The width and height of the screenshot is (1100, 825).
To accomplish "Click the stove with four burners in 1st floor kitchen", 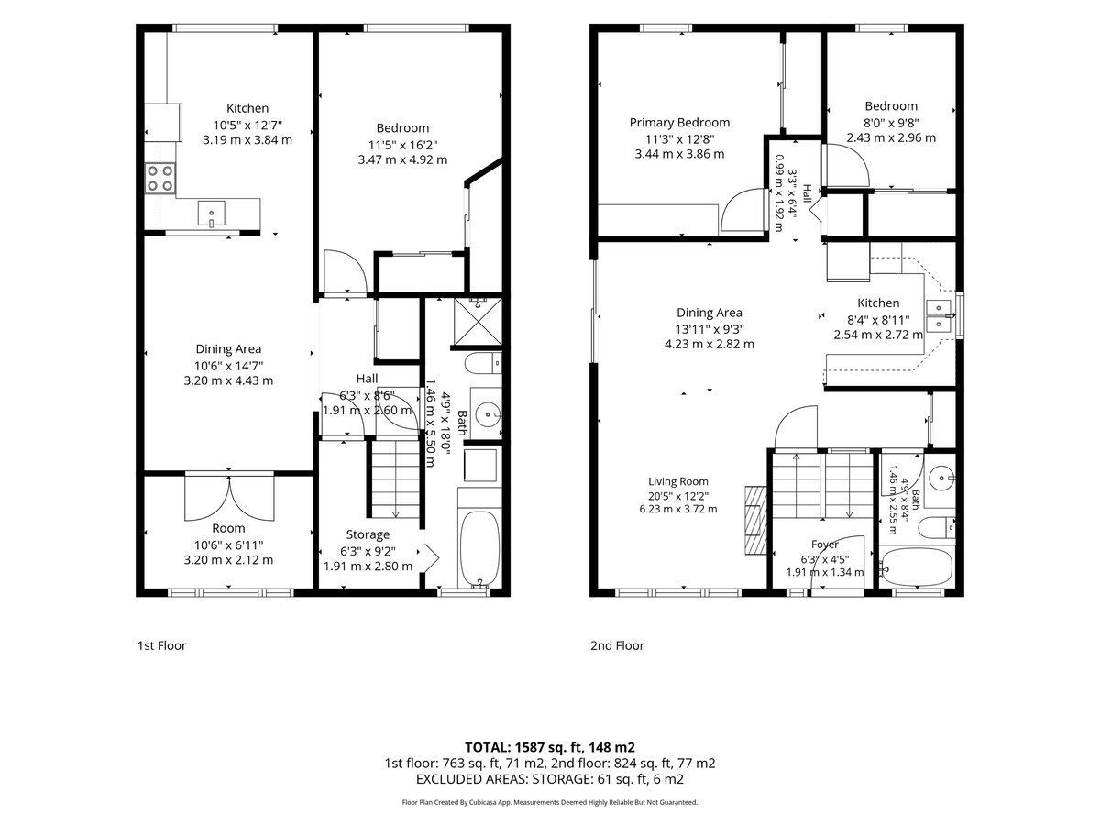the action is pyautogui.click(x=160, y=179).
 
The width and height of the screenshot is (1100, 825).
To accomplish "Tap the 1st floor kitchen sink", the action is pyautogui.click(x=211, y=214).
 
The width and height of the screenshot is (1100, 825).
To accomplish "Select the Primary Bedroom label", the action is pyautogui.click(x=679, y=123).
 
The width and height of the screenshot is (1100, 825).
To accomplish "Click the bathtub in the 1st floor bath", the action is pyautogui.click(x=479, y=548).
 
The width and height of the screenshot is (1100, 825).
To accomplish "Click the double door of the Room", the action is pyautogui.click(x=229, y=498).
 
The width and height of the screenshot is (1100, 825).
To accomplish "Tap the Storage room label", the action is pyautogui.click(x=368, y=534).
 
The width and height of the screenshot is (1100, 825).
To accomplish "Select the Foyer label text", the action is pyautogui.click(x=825, y=544).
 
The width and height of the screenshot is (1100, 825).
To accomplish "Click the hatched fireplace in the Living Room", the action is pyautogui.click(x=755, y=520).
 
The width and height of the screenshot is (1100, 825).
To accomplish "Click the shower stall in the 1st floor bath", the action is pyautogui.click(x=478, y=322).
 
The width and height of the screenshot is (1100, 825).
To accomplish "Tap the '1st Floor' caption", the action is pyautogui.click(x=162, y=645).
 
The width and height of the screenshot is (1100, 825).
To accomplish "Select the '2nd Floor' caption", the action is pyautogui.click(x=617, y=645).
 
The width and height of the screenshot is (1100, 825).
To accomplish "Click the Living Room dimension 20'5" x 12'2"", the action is pyautogui.click(x=678, y=496).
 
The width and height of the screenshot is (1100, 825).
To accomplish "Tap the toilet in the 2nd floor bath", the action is pyautogui.click(x=937, y=528).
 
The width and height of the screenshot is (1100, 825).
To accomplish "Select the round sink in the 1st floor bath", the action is pyautogui.click(x=486, y=414).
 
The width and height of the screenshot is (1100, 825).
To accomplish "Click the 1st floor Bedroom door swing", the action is pyautogui.click(x=346, y=271).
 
